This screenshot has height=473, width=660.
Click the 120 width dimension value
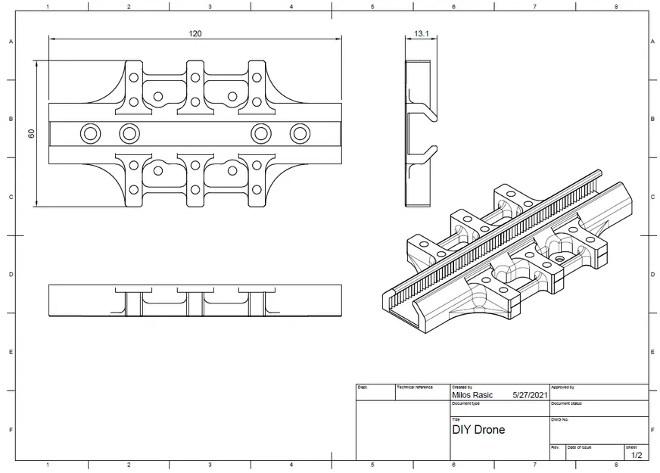pyautogui.click(x=195, y=33)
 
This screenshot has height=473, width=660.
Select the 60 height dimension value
pyautogui.click(x=31, y=133)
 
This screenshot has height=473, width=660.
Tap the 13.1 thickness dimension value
pyautogui.click(x=422, y=33)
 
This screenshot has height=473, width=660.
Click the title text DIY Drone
pyautogui.click(x=478, y=430)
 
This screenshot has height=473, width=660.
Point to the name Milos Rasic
pyautogui.click(x=472, y=395)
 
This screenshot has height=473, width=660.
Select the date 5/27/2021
pyautogui.click(x=530, y=395)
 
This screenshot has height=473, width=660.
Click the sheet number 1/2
pyautogui.click(x=636, y=455)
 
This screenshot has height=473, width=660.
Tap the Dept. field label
pyautogui.click(x=363, y=387)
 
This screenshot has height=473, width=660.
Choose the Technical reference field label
pyautogui.click(x=415, y=387)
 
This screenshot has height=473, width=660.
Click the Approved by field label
pyautogui.click(x=563, y=387)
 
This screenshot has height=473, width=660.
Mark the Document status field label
pyautogui.click(x=567, y=403)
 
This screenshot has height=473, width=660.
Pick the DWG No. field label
pyautogui.click(x=560, y=419)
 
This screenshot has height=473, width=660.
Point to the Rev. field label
pyautogui.click(x=555, y=447)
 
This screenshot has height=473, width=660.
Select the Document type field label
pyautogui.click(x=466, y=403)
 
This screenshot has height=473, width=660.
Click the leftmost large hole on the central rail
pyautogui.click(x=91, y=134)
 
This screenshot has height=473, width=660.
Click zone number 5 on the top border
pyautogui.click(x=372, y=7)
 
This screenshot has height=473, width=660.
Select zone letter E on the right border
pyautogui.click(x=652, y=352)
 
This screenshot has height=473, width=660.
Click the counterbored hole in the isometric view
pyautogui.click(x=559, y=259)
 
